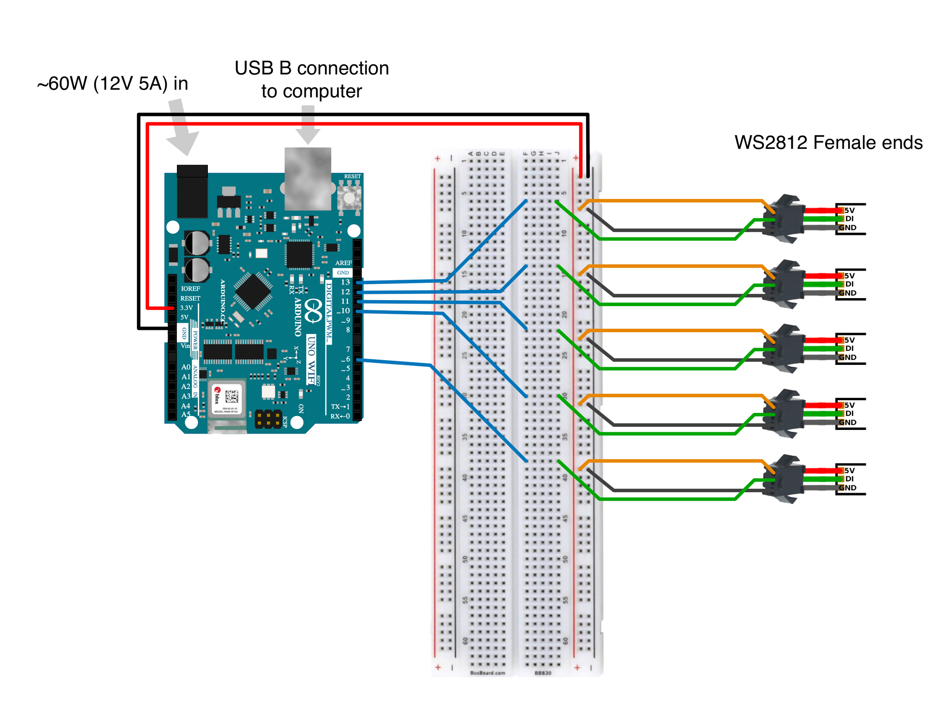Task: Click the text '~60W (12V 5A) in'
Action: point(113,83)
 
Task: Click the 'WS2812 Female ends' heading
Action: point(828,143)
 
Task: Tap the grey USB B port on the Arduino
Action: point(307,178)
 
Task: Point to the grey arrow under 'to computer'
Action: point(308,125)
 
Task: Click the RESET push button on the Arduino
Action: point(349,198)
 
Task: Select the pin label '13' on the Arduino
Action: point(345,282)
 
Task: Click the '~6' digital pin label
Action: point(345,359)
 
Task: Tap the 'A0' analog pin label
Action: point(185,367)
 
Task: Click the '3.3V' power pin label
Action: point(186,308)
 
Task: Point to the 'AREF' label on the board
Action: point(343,262)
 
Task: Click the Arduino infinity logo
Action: point(313,311)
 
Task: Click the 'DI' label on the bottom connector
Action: point(849,479)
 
